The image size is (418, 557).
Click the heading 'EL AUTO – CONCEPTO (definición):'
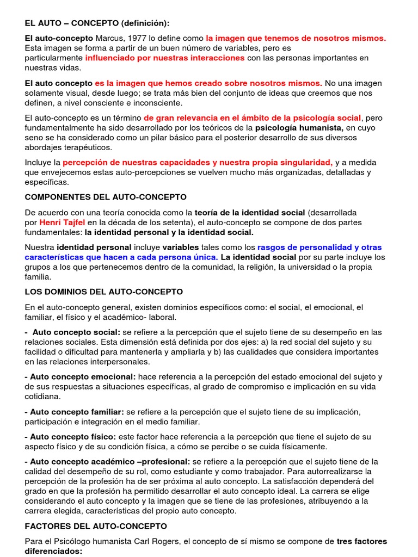(x=97, y=23)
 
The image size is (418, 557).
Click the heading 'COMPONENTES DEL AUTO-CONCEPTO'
(x=106, y=197)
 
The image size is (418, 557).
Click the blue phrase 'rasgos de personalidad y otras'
(x=319, y=247)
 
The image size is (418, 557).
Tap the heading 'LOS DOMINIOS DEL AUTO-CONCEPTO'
(x=103, y=292)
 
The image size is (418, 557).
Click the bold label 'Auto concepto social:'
(x=76, y=332)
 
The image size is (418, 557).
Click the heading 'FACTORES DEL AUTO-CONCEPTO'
(x=96, y=526)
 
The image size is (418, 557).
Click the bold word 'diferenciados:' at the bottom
(x=54, y=551)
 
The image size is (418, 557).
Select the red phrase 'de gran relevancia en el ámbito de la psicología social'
(x=252, y=117)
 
